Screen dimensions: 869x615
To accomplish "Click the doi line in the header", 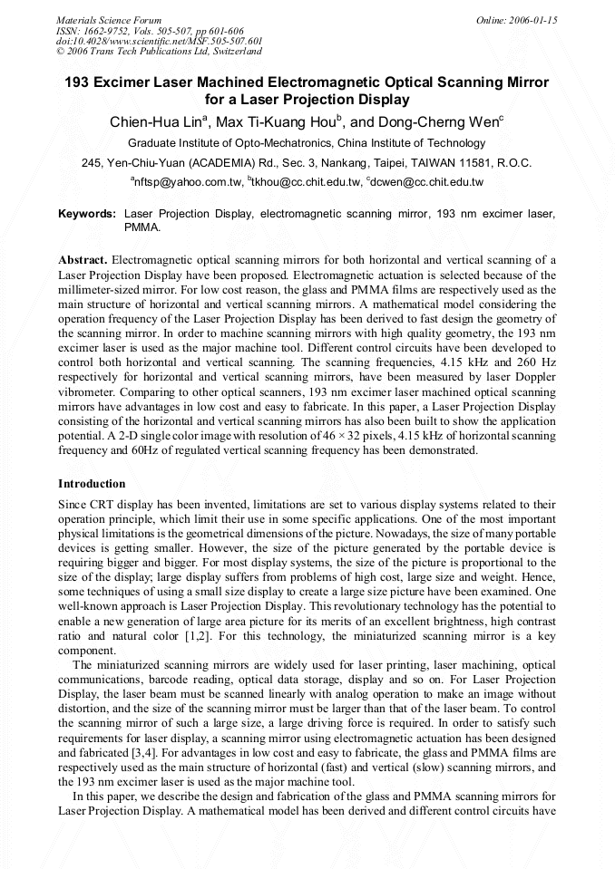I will (x=159, y=41).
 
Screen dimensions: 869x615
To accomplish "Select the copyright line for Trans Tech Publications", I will (x=159, y=52).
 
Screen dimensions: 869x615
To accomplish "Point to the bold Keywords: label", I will (x=87, y=214).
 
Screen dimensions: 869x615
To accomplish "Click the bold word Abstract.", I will (x=83, y=259).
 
